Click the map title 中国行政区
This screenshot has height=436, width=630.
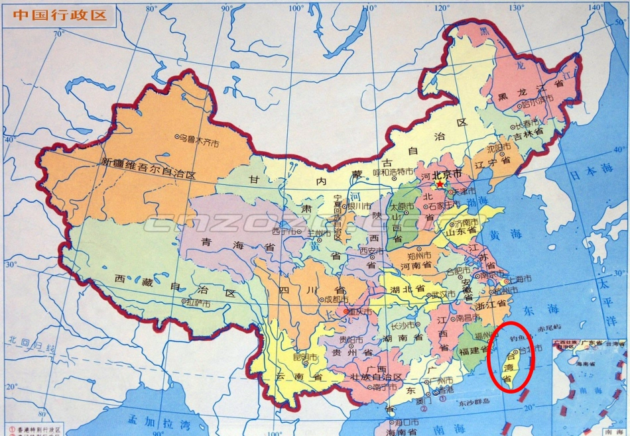coord(60,15)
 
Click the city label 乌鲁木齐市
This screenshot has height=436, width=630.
coord(198,138)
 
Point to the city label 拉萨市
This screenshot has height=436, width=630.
coord(200,303)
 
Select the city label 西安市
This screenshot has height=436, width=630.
coord(371,251)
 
